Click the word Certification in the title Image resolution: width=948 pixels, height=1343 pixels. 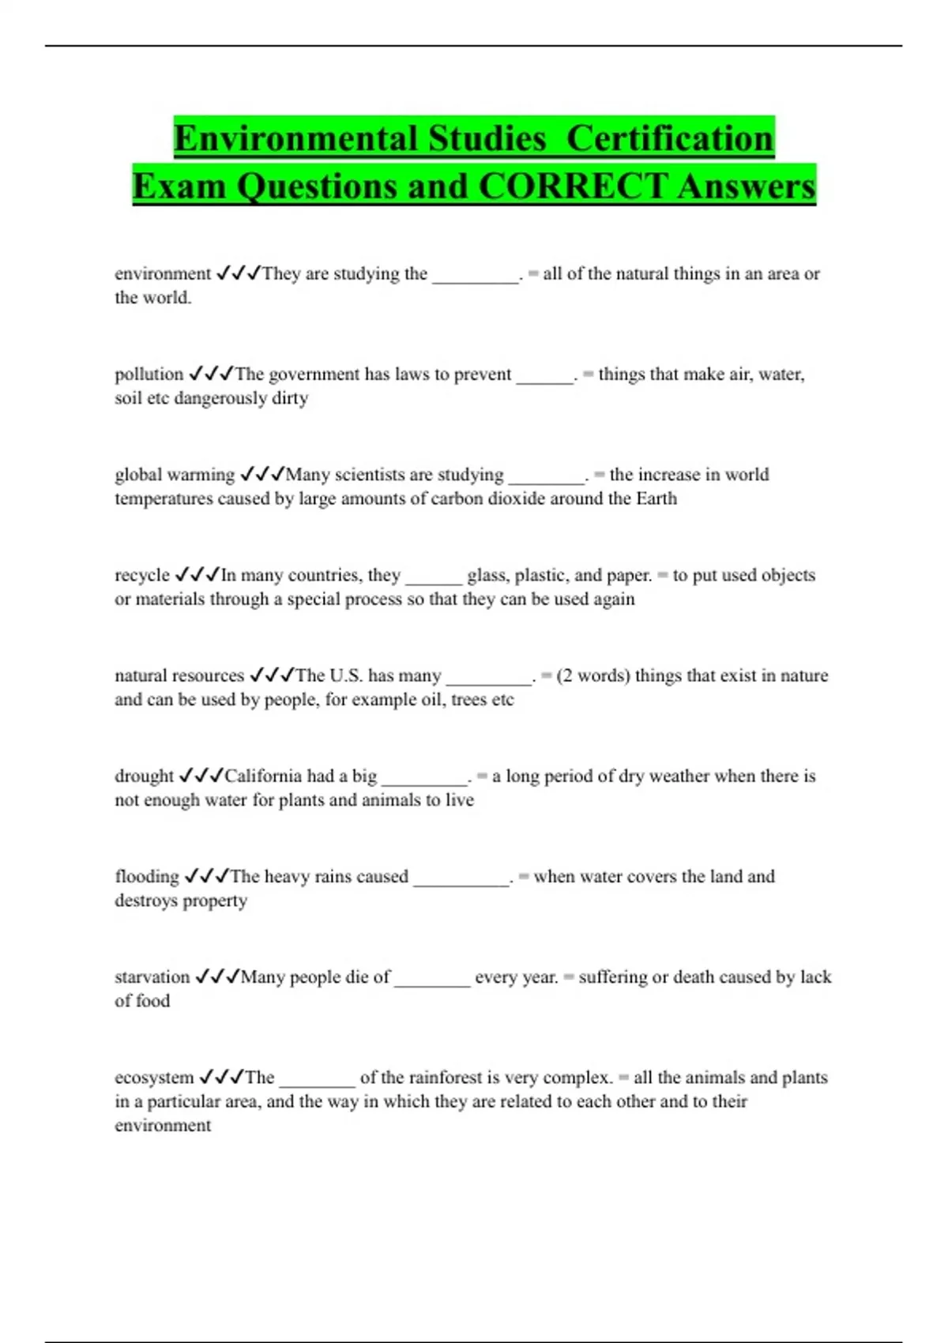click(x=670, y=138)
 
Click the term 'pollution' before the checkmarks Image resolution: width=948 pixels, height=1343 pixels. click(x=149, y=374)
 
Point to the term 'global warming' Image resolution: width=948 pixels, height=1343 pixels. click(x=174, y=474)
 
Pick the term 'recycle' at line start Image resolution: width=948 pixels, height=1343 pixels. click(x=142, y=574)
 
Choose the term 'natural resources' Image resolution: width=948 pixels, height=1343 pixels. click(x=179, y=675)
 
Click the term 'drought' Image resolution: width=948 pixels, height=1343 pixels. click(x=144, y=776)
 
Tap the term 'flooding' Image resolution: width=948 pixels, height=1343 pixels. click(x=147, y=876)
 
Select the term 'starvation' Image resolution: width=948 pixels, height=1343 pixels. click(x=152, y=976)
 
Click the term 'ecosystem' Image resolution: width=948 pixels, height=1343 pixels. click(x=154, y=1077)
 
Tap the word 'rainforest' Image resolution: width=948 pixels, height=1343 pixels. click(x=441, y=1077)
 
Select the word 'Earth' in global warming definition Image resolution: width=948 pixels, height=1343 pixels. click(x=656, y=498)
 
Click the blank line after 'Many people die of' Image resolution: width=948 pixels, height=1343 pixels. click(x=432, y=980)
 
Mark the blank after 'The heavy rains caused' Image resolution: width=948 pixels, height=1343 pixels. click(x=461, y=879)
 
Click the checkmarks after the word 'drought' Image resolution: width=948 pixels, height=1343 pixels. click(x=201, y=776)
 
